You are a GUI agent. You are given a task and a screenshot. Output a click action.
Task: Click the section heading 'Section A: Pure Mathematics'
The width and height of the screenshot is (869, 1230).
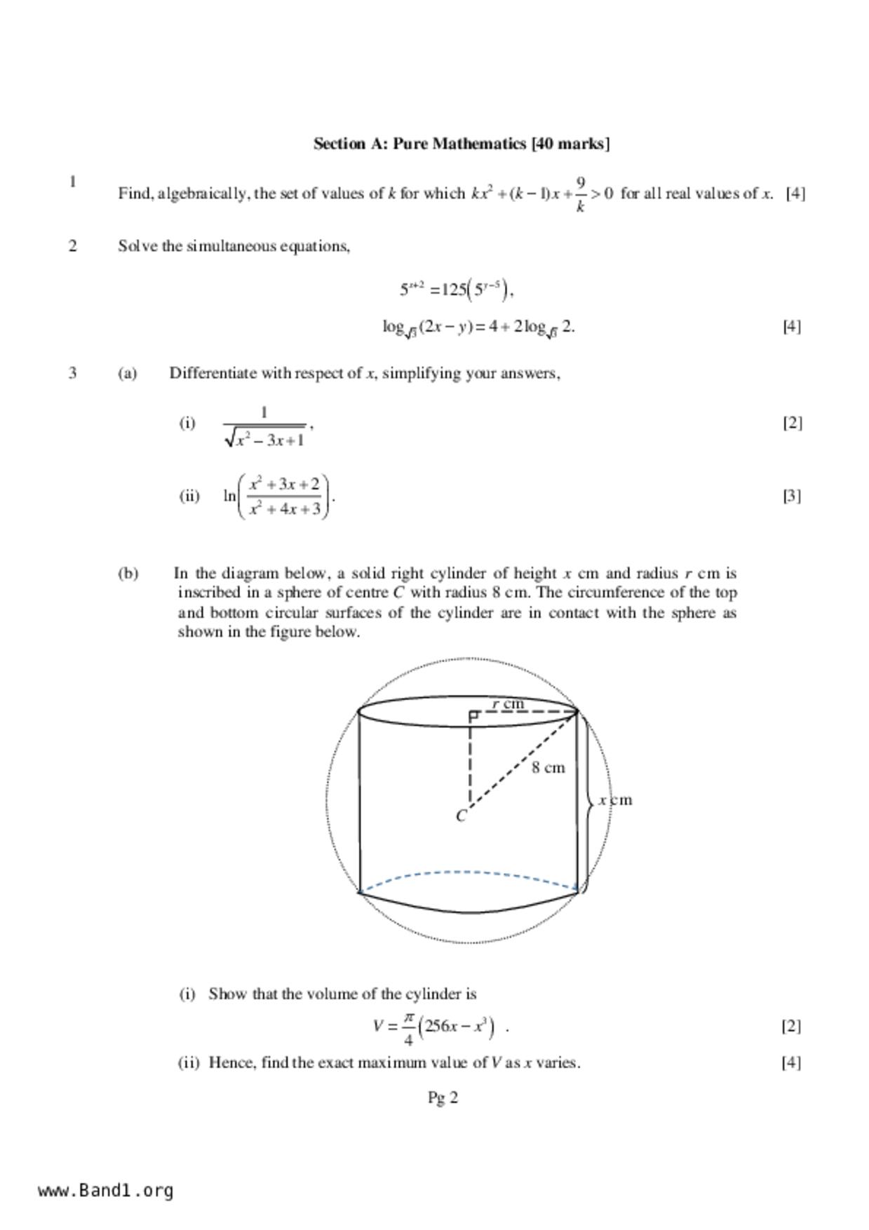[461, 144]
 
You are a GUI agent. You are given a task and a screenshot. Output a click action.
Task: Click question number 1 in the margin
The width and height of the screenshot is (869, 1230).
[72, 182]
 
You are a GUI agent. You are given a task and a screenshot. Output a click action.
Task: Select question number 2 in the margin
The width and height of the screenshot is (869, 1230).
[72, 245]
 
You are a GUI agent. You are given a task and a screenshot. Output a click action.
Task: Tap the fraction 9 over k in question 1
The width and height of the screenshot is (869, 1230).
[581, 194]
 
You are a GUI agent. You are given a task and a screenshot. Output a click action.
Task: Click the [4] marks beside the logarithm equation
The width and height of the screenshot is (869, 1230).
[791, 326]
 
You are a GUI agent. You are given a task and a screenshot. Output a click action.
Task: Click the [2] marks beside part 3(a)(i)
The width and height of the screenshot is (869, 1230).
[792, 423]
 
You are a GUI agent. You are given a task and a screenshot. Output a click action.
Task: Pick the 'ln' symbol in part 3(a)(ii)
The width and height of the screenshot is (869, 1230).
[229, 496]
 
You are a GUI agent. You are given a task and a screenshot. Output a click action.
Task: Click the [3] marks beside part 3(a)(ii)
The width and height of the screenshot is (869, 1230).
[792, 496]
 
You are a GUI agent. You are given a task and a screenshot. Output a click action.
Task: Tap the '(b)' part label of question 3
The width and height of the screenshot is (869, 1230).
[128, 574]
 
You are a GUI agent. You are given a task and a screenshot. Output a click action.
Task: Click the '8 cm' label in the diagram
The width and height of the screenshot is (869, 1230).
[548, 768]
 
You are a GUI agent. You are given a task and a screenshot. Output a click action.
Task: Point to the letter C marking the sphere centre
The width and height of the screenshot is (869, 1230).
[461, 816]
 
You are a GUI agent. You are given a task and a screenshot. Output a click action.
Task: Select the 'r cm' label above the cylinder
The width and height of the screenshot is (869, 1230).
[508, 703]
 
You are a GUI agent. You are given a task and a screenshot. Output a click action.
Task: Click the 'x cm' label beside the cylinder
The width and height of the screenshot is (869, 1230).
[615, 800]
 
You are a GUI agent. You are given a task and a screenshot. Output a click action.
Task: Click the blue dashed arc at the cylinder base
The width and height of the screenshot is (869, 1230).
[468, 873]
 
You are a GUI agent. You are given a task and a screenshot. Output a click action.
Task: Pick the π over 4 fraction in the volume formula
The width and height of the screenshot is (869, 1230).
[408, 1027]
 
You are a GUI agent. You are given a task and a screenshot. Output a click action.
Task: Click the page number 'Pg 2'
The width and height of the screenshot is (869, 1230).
[443, 1097]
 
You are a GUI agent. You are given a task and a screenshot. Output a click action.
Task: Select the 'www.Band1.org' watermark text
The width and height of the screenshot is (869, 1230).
[106, 1190]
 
